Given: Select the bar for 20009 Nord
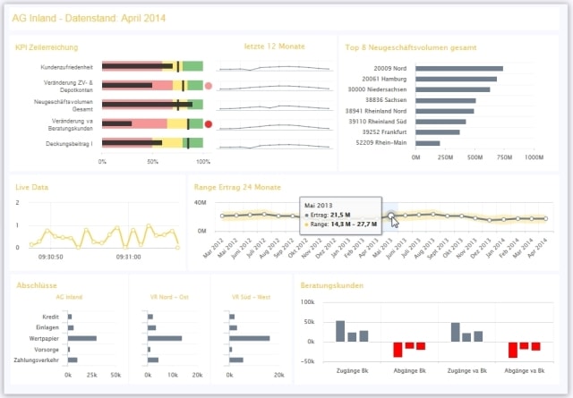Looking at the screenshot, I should tap(459, 68).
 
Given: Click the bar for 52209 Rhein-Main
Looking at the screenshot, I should tap(428, 142).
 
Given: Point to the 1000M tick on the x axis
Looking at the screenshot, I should tap(534, 157).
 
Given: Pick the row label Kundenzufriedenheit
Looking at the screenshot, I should tap(69, 67).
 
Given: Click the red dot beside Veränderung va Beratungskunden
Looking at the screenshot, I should tap(209, 124).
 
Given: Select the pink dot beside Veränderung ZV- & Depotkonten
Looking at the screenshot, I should tap(209, 86).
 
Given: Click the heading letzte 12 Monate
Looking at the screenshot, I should tap(275, 46).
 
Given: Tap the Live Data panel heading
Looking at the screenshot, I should tap(32, 188).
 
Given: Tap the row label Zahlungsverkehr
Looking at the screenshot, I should tap(42, 360).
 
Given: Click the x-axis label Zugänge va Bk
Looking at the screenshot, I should tap(466, 370).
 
